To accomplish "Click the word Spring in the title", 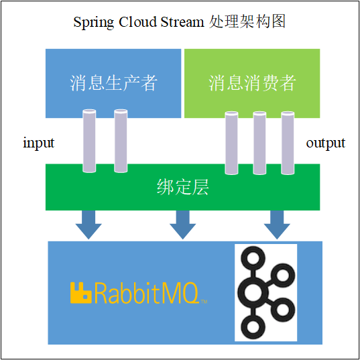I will tap(95, 22).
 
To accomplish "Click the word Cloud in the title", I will tap(139, 22).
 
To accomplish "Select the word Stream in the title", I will tap(181, 22).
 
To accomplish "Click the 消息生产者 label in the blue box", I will tap(113, 82).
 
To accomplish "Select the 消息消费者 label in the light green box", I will tap(252, 82).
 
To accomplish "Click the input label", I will tap(38, 143).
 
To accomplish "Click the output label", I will tap(325, 143).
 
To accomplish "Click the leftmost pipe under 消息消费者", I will tap(231, 142).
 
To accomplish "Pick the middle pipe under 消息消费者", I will tap(259, 142).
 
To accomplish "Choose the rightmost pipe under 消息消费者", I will tap(288, 142).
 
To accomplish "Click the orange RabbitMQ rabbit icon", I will tap(81, 292).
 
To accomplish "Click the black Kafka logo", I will tap(265, 292).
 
